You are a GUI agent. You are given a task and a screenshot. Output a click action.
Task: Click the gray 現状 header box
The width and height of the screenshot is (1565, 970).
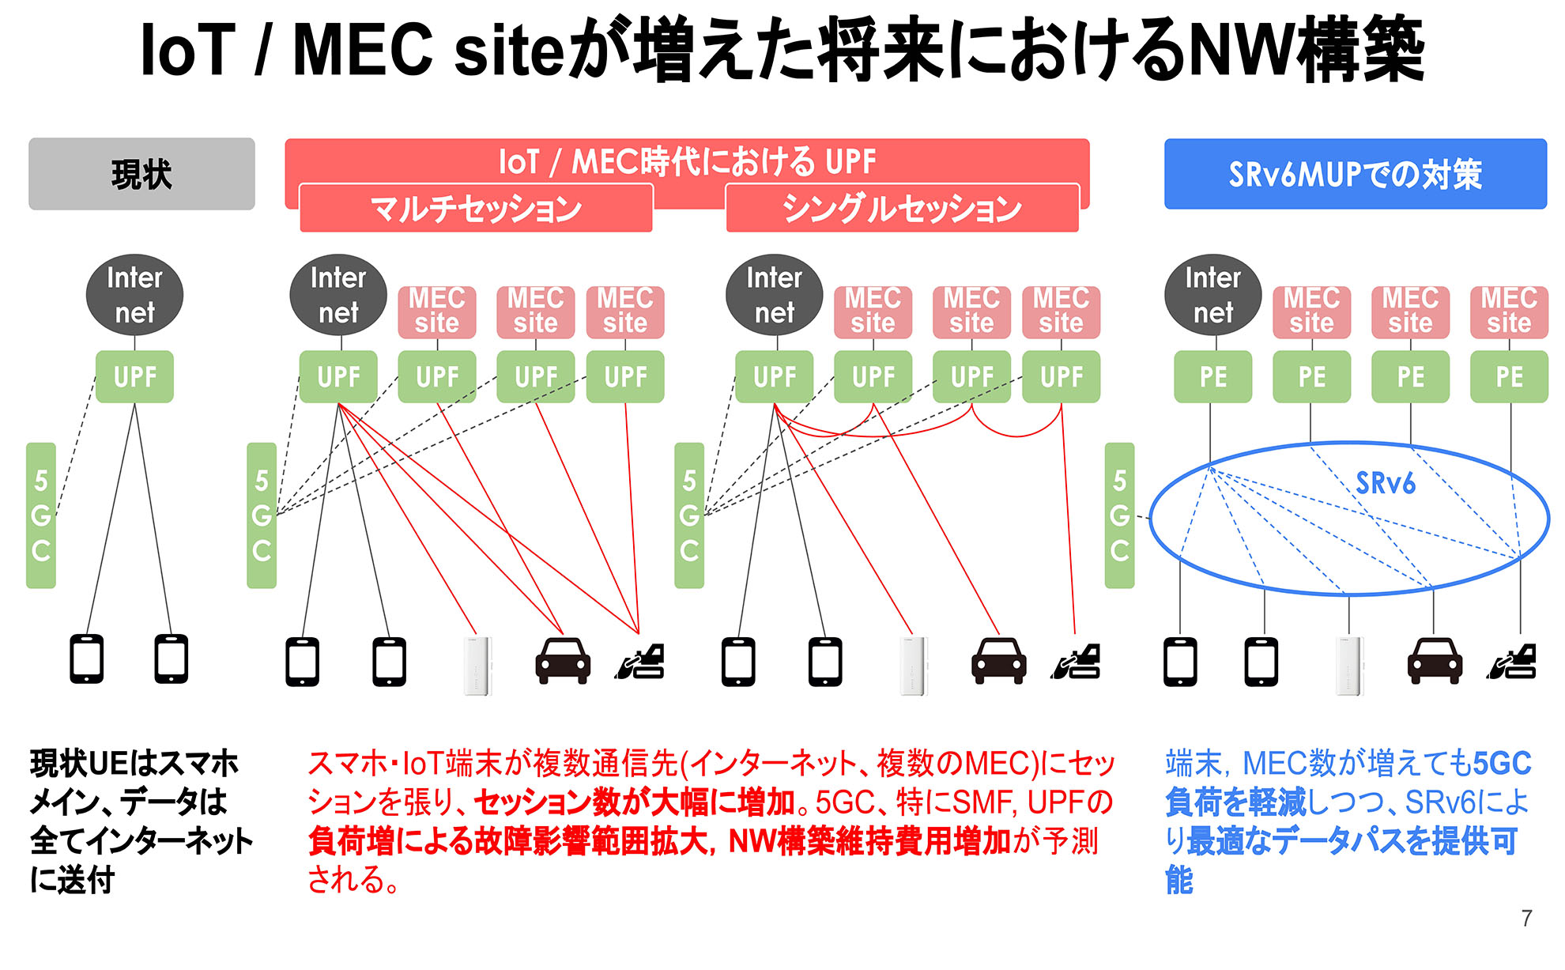141,174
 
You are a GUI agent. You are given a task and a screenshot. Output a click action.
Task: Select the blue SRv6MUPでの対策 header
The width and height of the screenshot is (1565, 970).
1355,174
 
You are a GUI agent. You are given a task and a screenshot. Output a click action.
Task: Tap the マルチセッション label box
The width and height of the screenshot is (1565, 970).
476,209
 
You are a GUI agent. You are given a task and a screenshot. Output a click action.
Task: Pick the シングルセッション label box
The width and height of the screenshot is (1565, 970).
902,209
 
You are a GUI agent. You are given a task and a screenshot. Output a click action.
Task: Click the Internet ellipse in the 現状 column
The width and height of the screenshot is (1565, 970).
134,295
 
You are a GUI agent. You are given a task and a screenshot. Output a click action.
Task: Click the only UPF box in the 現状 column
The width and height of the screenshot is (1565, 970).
134,377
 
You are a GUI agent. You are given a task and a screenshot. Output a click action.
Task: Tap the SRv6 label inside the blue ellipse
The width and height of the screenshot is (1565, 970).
1385,483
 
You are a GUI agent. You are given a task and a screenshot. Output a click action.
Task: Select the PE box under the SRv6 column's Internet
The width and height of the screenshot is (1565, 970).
1212,377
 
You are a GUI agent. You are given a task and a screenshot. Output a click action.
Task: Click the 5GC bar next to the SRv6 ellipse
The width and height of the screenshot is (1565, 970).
1119,515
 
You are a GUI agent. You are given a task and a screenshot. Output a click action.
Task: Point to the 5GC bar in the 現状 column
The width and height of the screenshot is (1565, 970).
41,515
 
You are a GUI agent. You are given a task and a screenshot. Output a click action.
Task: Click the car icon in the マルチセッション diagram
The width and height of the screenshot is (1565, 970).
563,661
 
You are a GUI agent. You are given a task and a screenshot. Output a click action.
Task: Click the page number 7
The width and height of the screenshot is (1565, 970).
1526,918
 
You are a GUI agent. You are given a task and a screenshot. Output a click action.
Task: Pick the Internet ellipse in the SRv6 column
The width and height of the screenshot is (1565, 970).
1212,295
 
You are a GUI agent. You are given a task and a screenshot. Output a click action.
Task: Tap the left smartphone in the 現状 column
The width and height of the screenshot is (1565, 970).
87,659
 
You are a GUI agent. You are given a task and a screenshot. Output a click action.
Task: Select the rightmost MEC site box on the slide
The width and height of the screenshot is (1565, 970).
1508,311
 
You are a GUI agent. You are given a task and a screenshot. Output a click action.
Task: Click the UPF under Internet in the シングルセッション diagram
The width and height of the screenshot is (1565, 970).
775,377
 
